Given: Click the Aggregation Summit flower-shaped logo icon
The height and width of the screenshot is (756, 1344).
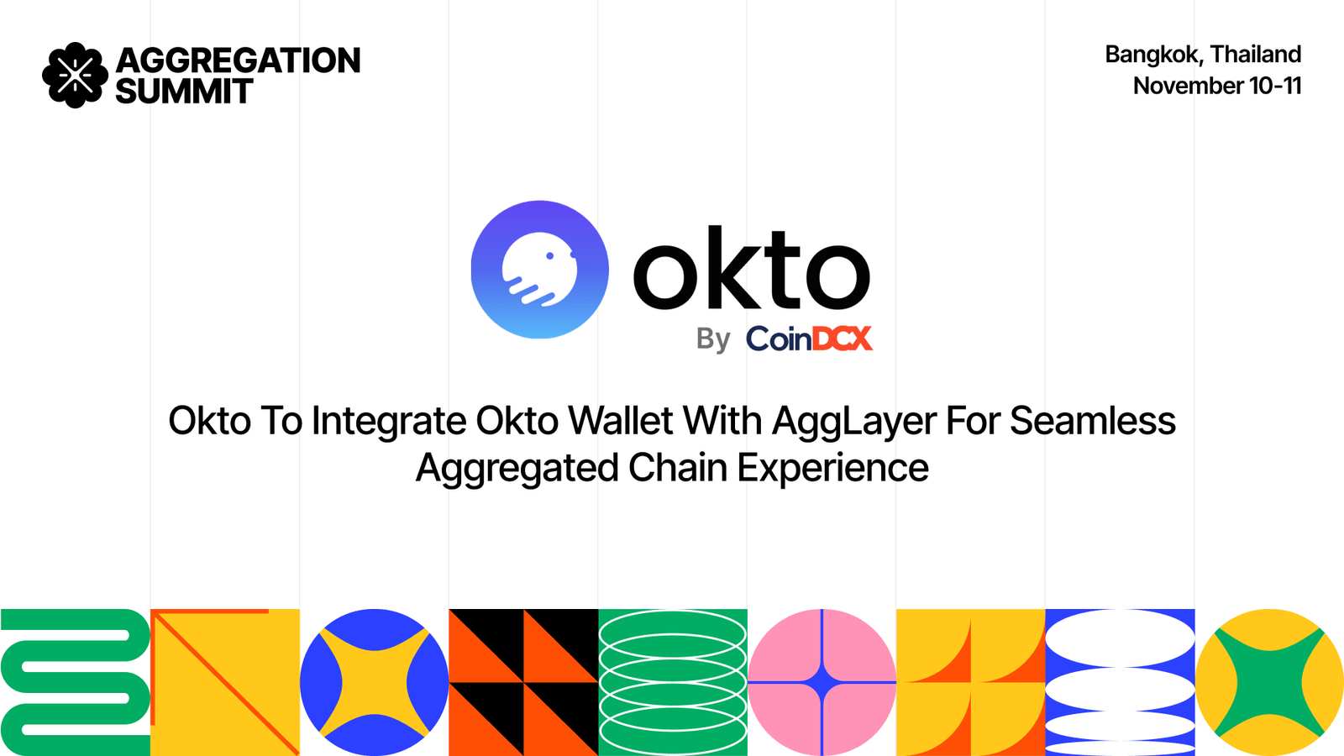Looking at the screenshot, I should click(75, 76).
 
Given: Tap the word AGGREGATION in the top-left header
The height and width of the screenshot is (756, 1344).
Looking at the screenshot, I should click(239, 60).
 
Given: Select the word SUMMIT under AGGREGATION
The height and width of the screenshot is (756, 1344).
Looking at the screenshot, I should click(184, 92).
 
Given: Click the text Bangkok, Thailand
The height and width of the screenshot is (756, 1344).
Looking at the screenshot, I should click(1202, 55).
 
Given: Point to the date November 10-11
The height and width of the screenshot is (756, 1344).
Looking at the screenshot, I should click(1216, 86).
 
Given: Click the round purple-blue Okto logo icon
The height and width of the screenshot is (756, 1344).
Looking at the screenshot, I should click(539, 270).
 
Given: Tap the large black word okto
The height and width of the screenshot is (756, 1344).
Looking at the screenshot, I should click(751, 269).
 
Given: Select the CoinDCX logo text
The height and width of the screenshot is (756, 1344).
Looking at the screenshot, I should click(809, 339).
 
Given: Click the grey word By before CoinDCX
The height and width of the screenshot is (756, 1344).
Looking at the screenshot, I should click(713, 339).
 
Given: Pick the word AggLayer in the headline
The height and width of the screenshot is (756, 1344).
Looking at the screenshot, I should click(854, 422).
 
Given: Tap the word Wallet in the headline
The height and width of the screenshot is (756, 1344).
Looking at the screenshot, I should click(621, 420).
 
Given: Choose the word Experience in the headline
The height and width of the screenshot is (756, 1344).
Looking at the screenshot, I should click(832, 468).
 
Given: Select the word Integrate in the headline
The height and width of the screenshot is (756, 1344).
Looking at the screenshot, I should click(389, 422).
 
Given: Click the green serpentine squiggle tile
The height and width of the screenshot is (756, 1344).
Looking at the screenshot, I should click(75, 682).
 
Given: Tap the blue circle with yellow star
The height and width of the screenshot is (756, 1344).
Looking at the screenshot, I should click(374, 682).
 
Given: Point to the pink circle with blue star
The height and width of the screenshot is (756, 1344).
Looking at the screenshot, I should click(822, 682).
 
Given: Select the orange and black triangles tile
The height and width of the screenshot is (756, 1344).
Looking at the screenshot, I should click(523, 682).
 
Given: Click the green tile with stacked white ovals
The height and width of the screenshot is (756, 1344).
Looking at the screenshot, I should click(673, 682).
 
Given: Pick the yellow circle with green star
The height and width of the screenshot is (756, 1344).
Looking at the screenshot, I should click(1269, 682).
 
